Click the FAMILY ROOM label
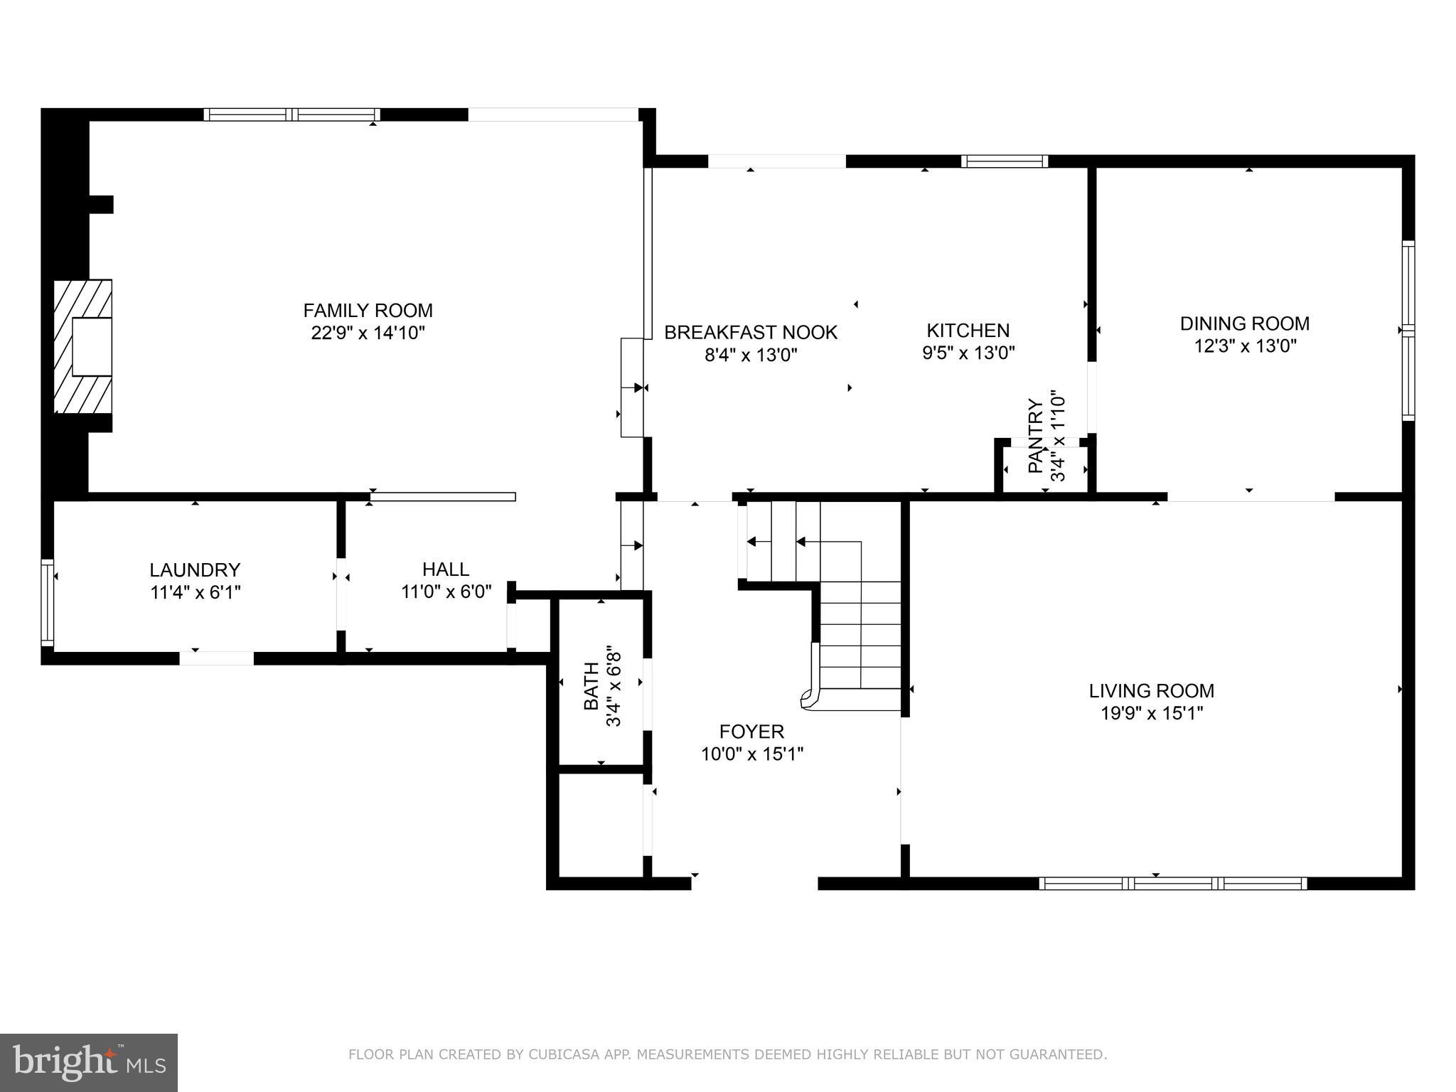(368, 311)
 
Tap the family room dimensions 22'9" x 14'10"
(368, 333)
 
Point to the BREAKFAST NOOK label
(751, 332)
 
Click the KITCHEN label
(968, 330)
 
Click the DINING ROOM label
(1244, 323)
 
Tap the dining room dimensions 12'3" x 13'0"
(1244, 346)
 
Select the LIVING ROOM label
(1151, 690)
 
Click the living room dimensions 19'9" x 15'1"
(1151, 713)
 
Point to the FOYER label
(751, 732)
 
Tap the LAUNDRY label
(195, 569)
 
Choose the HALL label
(446, 569)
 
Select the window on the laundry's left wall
(47, 602)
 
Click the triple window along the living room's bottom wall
(1172, 884)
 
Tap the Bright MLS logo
(88, 1062)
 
